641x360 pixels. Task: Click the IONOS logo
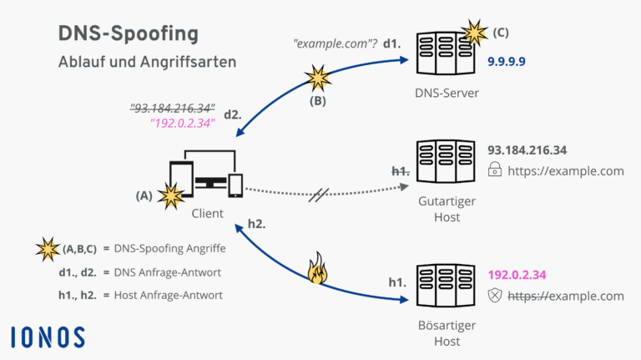click(48, 337)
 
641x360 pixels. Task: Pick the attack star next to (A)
click(172, 196)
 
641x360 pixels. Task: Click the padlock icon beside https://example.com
click(496, 171)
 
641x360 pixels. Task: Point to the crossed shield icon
click(496, 296)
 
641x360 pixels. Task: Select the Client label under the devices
click(207, 213)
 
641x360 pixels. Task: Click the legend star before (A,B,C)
click(48, 248)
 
